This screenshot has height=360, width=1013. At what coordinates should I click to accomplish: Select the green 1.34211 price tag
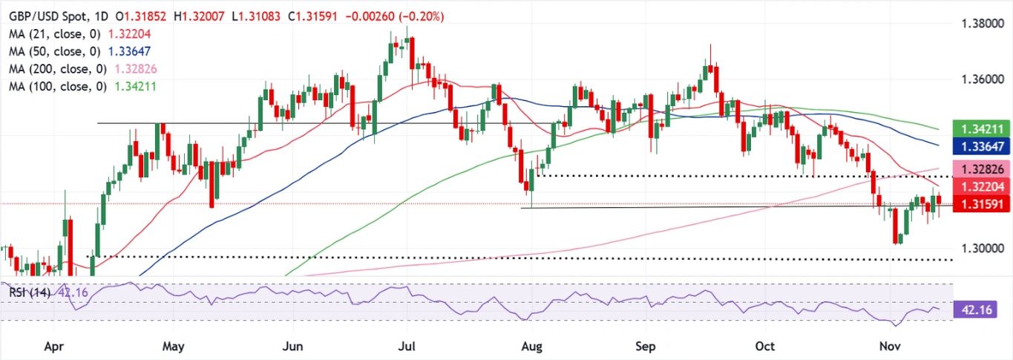coord(981,129)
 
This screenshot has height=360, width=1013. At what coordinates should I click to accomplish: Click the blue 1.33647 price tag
coord(981,146)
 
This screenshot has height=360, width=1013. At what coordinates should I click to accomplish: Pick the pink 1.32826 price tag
coord(981,169)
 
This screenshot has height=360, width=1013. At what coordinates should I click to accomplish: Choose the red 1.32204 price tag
coord(981,186)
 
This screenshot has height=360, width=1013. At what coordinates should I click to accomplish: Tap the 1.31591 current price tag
coord(981,204)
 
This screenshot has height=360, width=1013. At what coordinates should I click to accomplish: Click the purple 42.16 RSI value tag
coord(979,310)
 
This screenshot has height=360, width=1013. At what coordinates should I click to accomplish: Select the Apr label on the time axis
coord(54,347)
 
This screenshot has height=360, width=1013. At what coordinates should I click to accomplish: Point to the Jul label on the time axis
coord(407,347)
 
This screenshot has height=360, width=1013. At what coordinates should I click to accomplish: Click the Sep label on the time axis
coord(646,347)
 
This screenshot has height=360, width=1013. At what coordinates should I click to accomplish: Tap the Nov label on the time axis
coord(890,347)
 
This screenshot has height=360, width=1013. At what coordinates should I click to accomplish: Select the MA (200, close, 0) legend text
coord(59,69)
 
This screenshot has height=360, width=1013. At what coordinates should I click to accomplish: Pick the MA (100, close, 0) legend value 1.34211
coord(135,86)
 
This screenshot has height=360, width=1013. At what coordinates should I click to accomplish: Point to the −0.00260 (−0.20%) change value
coord(394,17)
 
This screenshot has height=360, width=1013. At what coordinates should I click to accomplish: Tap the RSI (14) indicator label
coord(30,292)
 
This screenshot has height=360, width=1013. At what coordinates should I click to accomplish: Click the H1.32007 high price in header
coord(199,17)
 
